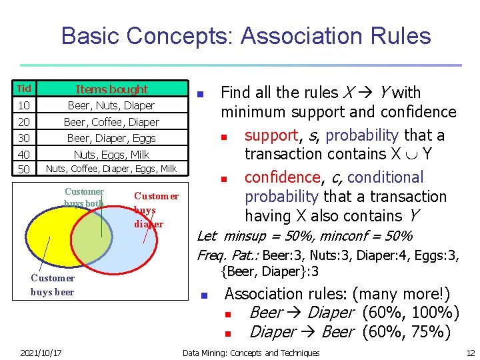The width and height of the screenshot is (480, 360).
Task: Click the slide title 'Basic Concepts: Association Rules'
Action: click(246, 35)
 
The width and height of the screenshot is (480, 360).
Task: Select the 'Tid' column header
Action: click(24, 89)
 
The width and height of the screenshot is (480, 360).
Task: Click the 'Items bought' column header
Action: click(111, 89)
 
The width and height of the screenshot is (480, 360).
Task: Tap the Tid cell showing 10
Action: click(24, 105)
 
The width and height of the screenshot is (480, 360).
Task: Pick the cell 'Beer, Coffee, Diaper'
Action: click(111, 122)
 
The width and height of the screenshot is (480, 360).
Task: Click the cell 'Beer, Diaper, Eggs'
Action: click(111, 138)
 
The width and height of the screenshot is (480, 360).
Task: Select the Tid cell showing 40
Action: click(24, 154)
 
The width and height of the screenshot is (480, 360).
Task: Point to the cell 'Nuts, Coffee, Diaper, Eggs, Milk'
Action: click(111, 169)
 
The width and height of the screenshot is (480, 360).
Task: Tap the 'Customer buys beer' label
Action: click(53, 285)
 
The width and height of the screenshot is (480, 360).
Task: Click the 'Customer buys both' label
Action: click(84, 197)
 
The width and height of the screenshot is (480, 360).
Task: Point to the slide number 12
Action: click(470, 353)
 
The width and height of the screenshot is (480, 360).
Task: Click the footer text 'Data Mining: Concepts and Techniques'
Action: click(251, 353)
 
